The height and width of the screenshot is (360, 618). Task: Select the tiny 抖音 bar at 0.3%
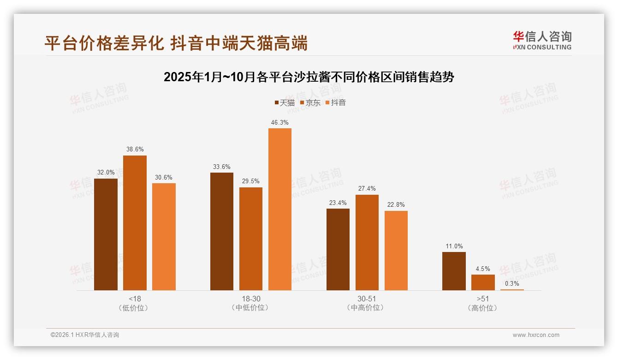(512, 289)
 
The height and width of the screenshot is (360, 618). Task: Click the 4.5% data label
(483, 269)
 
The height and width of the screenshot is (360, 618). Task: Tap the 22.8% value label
(396, 205)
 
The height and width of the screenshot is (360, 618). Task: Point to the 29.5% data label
(251, 181)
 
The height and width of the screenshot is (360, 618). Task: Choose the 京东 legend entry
(310, 102)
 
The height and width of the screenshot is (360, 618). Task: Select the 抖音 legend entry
(335, 102)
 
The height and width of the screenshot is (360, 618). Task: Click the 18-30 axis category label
(251, 299)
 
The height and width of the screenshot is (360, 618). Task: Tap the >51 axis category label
(483, 299)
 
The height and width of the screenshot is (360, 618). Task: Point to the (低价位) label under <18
(135, 308)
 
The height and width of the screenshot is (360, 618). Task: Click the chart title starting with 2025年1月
(309, 77)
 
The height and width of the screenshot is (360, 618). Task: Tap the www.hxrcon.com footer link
(536, 335)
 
